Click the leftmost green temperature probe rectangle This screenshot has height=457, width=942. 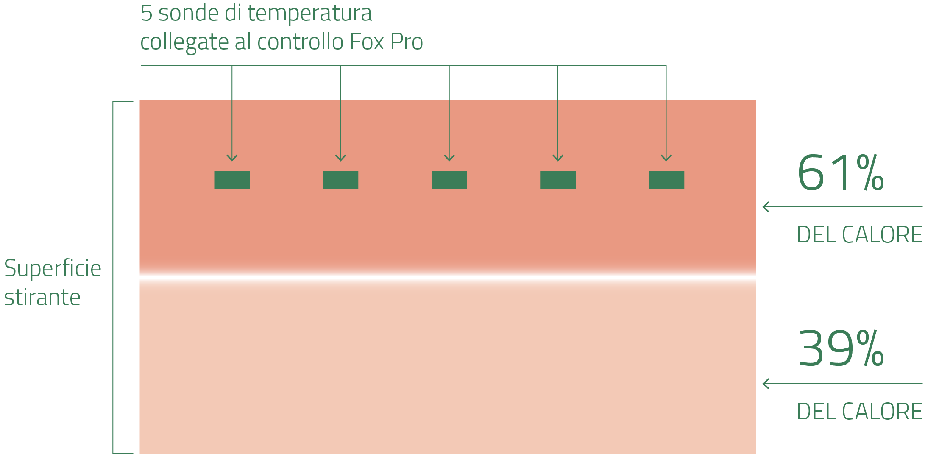(x=232, y=180)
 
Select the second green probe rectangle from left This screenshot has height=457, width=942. (x=340, y=180)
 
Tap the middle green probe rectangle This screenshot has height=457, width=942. (x=449, y=180)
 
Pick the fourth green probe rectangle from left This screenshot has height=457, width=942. (x=558, y=180)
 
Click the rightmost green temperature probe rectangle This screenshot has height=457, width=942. (x=666, y=180)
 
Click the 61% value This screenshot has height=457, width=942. (x=840, y=173)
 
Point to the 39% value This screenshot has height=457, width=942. (x=840, y=349)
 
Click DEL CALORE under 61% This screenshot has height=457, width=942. (x=859, y=235)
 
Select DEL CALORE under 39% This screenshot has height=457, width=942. (x=859, y=412)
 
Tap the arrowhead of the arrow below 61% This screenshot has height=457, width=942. (x=765, y=207)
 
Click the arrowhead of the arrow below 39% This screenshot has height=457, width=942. (x=765, y=384)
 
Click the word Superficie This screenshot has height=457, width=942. (x=53, y=269)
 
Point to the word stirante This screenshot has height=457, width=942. (x=42, y=297)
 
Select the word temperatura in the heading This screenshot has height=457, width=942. (x=309, y=13)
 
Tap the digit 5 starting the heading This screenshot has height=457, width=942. (x=146, y=13)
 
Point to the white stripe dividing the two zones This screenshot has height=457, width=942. (x=448, y=278)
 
